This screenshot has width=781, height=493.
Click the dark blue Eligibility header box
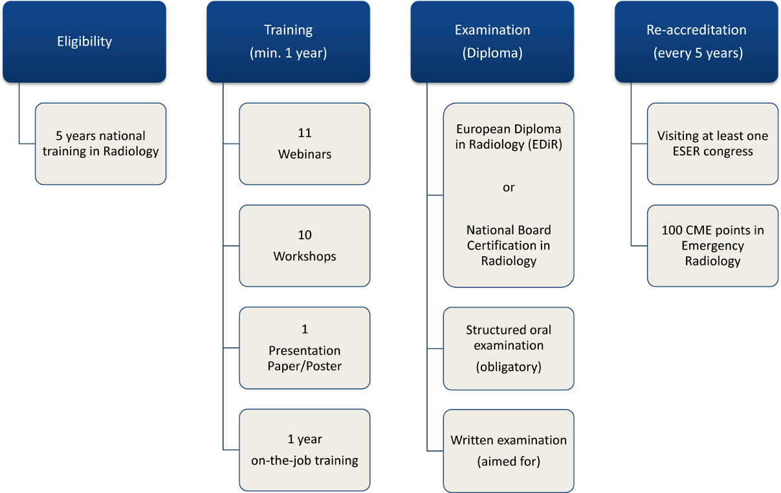(84, 41)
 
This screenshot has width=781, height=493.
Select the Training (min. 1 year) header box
(288, 41)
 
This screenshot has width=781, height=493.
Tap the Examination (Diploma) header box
(492, 41)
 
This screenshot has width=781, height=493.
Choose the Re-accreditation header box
(696, 41)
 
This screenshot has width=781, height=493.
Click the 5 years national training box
(100, 144)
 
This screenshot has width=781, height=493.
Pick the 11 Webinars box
(304, 144)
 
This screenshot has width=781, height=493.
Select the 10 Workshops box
(304, 246)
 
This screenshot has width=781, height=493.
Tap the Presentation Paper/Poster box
(304, 348)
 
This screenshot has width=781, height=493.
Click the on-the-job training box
(304, 450)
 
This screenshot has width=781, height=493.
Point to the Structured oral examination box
(508, 348)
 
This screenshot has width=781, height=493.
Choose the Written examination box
(508, 450)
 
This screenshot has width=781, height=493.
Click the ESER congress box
(712, 144)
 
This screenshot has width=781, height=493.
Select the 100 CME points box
(712, 246)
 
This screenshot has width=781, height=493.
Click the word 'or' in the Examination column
(509, 187)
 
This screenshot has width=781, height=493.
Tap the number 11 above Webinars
(305, 133)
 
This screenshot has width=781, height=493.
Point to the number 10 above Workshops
(305, 235)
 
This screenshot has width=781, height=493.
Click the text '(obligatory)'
(509, 367)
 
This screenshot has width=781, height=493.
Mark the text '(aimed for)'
(509, 461)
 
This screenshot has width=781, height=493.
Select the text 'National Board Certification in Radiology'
(509, 246)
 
